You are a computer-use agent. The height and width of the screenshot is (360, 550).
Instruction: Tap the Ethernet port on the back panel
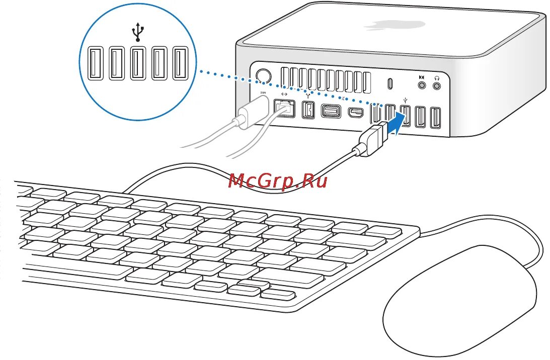(284, 108)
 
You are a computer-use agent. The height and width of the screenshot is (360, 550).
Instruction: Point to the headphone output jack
(437, 86)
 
